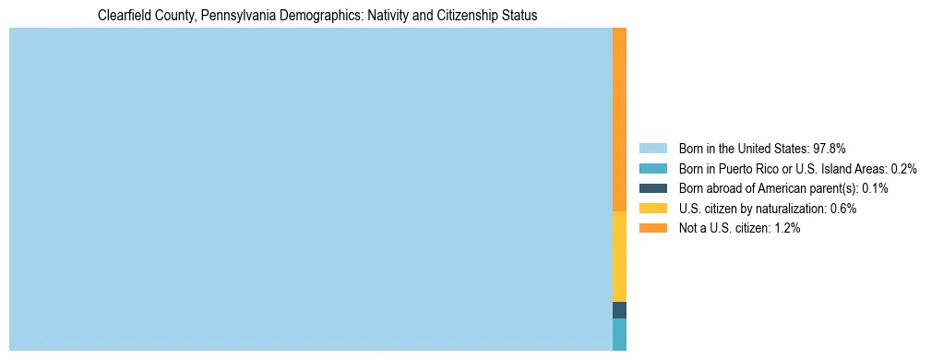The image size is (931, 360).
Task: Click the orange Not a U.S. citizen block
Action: point(619,120)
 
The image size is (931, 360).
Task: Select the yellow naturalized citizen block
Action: point(619,257)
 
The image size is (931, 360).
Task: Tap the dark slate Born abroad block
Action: point(619,310)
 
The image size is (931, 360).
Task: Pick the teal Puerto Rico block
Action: point(619,334)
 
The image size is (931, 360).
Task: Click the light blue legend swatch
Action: point(652,148)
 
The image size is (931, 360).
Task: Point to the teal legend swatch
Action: point(652,168)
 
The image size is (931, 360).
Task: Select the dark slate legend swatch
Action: point(652,188)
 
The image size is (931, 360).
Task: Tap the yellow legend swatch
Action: point(652,209)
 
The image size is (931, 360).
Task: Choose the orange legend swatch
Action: point(652,228)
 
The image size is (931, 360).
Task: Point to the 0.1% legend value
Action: point(875,188)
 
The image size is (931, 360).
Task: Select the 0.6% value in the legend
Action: point(843,209)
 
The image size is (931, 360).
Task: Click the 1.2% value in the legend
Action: point(787,228)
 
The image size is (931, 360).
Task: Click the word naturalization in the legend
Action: point(789,209)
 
